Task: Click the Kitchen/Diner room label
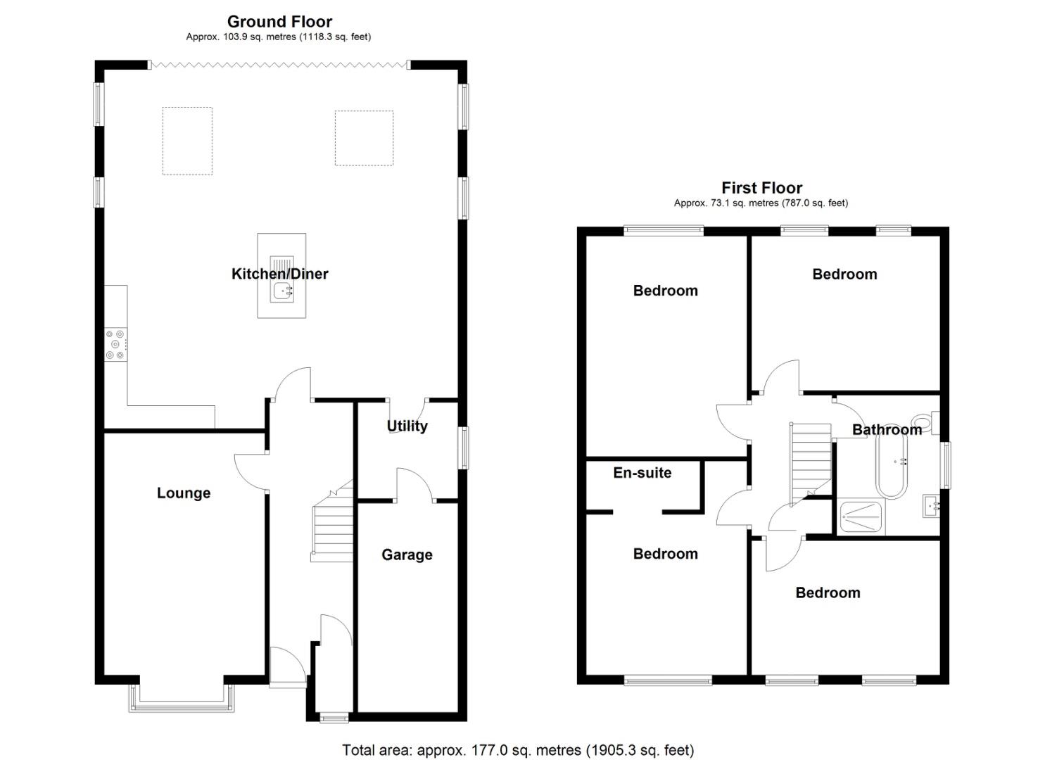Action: pos(279,274)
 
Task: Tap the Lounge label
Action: pos(184,493)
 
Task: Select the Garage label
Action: pos(407,555)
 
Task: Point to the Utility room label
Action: pos(407,426)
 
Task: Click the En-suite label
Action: pos(642,473)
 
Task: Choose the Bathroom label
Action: pos(887,429)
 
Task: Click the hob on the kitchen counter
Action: pos(116,345)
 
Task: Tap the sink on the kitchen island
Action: pos(281,290)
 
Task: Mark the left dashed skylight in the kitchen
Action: pos(187,141)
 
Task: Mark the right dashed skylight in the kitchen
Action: pos(364,138)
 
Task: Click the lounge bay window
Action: pos(182,699)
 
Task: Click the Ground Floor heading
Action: pos(279,22)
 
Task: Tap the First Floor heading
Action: pos(761,188)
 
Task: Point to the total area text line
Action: pos(518,750)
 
